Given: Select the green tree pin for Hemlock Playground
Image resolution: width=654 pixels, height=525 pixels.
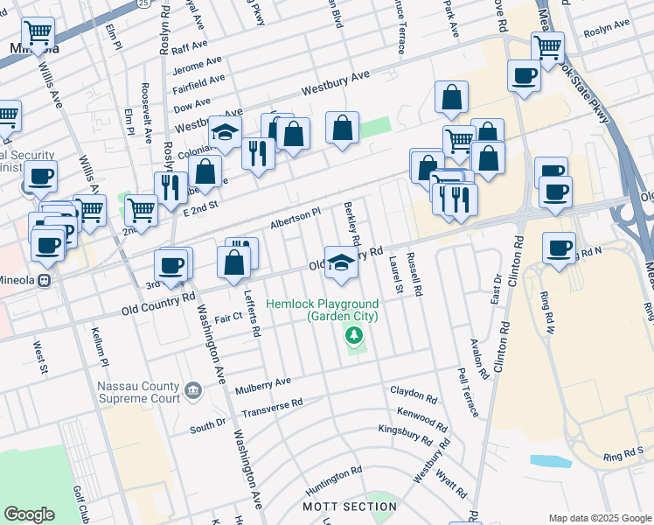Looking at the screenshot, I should coord(354,335).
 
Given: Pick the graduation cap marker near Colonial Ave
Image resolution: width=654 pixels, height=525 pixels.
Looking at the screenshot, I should coord(225,132).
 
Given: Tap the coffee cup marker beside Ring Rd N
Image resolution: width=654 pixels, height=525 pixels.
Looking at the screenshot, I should coord(559,248).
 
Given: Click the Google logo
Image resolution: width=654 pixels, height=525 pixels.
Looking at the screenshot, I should coord(29,514).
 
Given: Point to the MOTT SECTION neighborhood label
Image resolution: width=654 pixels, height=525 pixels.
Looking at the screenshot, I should coord(350,507).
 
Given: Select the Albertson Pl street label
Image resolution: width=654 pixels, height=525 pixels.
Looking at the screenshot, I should coord(295,215).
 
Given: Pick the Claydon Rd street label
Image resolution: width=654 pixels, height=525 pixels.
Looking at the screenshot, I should coord(413,395).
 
